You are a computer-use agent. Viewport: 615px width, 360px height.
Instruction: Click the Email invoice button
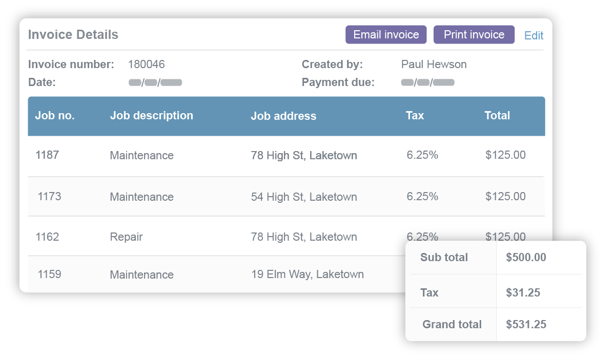tap(386, 35)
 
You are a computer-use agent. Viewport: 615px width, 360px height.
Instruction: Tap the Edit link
tap(534, 35)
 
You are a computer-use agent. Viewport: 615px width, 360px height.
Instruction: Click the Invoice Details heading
tap(73, 35)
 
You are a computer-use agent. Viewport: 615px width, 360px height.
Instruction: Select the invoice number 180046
tap(146, 65)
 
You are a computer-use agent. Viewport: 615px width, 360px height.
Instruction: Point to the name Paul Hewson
tap(434, 65)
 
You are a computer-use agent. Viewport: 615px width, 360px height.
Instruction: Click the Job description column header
tap(151, 116)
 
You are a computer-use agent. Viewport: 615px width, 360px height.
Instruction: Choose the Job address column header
tap(283, 116)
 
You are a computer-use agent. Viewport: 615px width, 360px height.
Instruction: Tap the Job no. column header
tap(55, 116)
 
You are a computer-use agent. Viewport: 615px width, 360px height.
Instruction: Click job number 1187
tap(47, 155)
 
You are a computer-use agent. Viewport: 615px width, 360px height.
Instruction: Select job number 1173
tap(49, 196)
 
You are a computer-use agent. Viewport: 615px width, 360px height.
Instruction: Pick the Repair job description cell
tap(126, 237)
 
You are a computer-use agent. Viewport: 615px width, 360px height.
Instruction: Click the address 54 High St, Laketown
tap(304, 197)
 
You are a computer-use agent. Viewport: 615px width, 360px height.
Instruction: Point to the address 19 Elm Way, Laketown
tap(307, 274)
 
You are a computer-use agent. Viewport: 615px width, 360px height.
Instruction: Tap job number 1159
tap(49, 274)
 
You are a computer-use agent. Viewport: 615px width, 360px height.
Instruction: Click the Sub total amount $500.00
tap(526, 258)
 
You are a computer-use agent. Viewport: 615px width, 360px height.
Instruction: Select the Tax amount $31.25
tap(523, 293)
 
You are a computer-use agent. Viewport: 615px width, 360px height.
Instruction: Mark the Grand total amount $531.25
tap(526, 324)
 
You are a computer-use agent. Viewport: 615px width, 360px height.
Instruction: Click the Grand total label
tap(452, 324)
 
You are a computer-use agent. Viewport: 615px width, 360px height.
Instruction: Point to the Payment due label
tap(338, 82)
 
